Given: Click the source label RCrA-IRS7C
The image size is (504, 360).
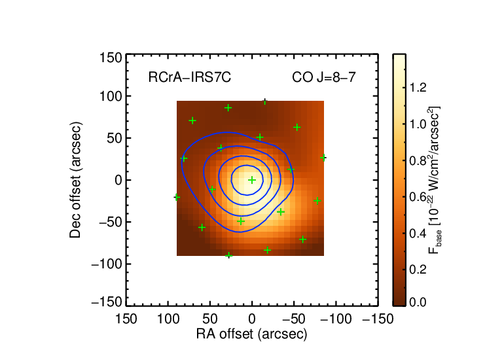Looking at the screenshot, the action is pyautogui.click(x=190, y=77).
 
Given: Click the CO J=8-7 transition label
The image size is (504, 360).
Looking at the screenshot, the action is pyautogui.click(x=324, y=77).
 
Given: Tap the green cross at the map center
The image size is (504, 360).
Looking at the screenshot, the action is pyautogui.click(x=252, y=180).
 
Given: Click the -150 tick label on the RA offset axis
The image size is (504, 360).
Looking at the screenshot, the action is pyautogui.click(x=378, y=319).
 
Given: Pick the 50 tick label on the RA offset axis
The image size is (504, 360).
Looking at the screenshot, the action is pyautogui.click(x=210, y=319).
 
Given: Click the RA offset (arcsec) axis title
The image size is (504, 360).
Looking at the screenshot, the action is pyautogui.click(x=252, y=334).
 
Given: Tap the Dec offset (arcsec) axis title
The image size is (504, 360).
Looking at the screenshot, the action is pyautogui.click(x=75, y=180).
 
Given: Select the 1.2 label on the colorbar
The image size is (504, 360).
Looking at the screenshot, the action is pyautogui.click(x=418, y=88).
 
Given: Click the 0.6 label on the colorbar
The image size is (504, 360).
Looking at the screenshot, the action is pyautogui.click(x=418, y=197).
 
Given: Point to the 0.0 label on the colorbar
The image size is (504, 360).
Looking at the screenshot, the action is pyautogui.click(x=418, y=302).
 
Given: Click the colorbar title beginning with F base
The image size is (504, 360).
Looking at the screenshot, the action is pyautogui.click(x=434, y=180).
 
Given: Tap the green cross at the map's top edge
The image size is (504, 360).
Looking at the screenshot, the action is pyautogui.click(x=264, y=101).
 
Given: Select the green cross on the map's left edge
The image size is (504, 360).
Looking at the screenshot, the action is pyautogui.click(x=177, y=197).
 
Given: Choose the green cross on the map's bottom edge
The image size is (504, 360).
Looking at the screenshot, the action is pyautogui.click(x=228, y=255).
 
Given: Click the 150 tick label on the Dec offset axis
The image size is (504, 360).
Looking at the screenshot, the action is pyautogui.click(x=111, y=58).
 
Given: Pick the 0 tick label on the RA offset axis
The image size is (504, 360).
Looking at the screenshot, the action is pyautogui.click(x=252, y=319).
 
